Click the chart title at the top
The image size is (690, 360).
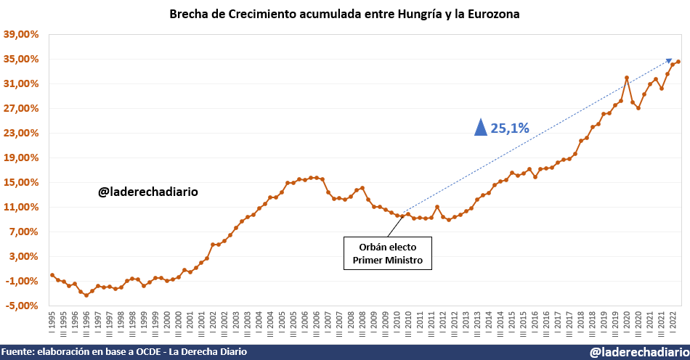pyautogui.click(x=344, y=14)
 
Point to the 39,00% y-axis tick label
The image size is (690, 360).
pyautogui.click(x=21, y=34)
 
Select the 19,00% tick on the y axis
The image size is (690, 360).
pyautogui.click(x=21, y=157)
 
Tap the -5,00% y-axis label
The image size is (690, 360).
pyautogui.click(x=21, y=306)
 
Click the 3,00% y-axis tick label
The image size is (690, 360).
pyautogui.click(x=23, y=256)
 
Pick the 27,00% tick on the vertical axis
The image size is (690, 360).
pyautogui.click(x=21, y=108)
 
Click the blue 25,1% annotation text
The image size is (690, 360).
pyautogui.click(x=510, y=128)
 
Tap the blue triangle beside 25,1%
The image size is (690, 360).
pyautogui.click(x=480, y=128)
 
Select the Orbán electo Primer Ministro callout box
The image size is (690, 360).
pyautogui.click(x=387, y=253)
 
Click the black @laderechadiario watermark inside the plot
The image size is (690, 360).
pyautogui.click(x=148, y=192)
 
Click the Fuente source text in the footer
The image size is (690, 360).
pyautogui.click(x=123, y=352)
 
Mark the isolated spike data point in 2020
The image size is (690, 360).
pyautogui.click(x=626, y=78)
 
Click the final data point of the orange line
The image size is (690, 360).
pyautogui.click(x=678, y=62)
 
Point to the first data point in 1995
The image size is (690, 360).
pyautogui.click(x=52, y=275)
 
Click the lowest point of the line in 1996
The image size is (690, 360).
pyautogui.click(x=86, y=295)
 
